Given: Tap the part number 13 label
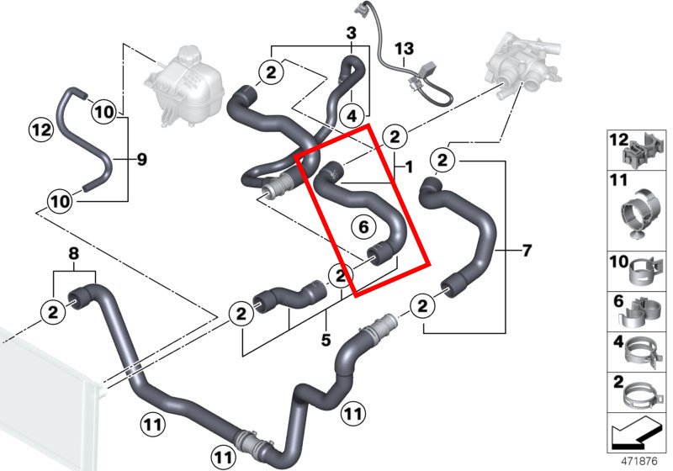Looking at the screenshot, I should tap(404, 49).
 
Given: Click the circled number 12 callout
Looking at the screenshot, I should tap(40, 130).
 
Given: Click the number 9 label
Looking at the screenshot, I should tap(141, 158).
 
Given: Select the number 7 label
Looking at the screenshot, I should tap(527, 250).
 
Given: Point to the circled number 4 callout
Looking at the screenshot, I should tap(351, 114).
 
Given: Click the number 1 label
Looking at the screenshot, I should tap(408, 167).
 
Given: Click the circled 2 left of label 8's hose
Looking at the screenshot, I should tap(53, 312).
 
